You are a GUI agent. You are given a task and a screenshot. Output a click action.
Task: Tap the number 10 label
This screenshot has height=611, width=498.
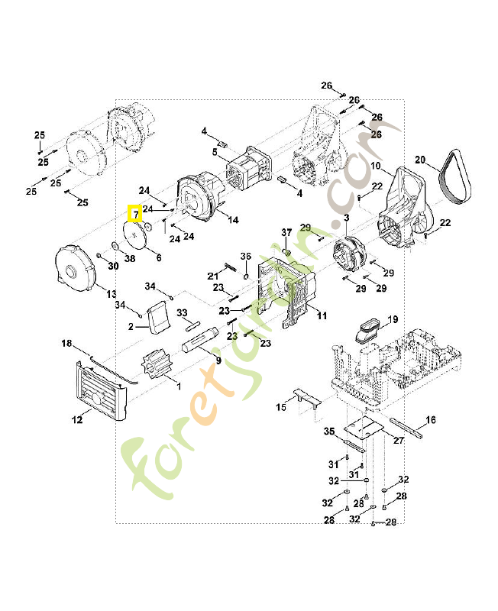pyautogui.click(x=376, y=166)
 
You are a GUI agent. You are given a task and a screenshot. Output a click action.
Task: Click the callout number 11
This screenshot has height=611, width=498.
pyautogui.click(x=322, y=315)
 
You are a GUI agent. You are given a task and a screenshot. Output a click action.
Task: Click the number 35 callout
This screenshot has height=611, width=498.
pyautogui.click(x=329, y=432)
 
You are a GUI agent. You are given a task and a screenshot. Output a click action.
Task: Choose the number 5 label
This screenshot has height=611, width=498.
pyautogui.click(x=215, y=153)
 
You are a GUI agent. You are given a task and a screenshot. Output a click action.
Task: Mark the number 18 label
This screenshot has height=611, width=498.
pyautogui.click(x=66, y=344)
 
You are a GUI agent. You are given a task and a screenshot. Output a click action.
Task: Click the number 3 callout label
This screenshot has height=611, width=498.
pyautogui.click(x=346, y=218)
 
